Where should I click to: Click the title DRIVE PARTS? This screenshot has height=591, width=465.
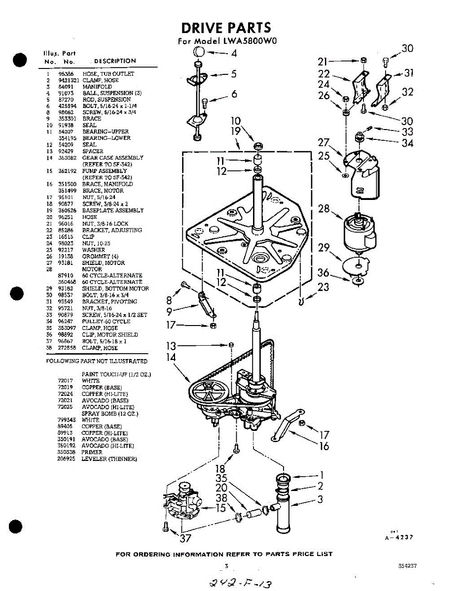[226, 28]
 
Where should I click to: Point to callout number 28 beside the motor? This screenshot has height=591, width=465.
[323, 209]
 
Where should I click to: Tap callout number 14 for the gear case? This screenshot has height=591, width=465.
[171, 357]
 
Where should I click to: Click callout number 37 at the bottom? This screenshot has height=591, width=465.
[185, 538]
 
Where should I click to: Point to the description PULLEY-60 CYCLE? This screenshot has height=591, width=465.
[106, 322]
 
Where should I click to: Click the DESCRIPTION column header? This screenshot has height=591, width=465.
[115, 61]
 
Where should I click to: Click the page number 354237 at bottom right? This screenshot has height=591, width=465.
[407, 566]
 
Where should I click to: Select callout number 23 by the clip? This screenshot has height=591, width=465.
[323, 287]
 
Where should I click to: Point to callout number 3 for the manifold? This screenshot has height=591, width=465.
[321, 499]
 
